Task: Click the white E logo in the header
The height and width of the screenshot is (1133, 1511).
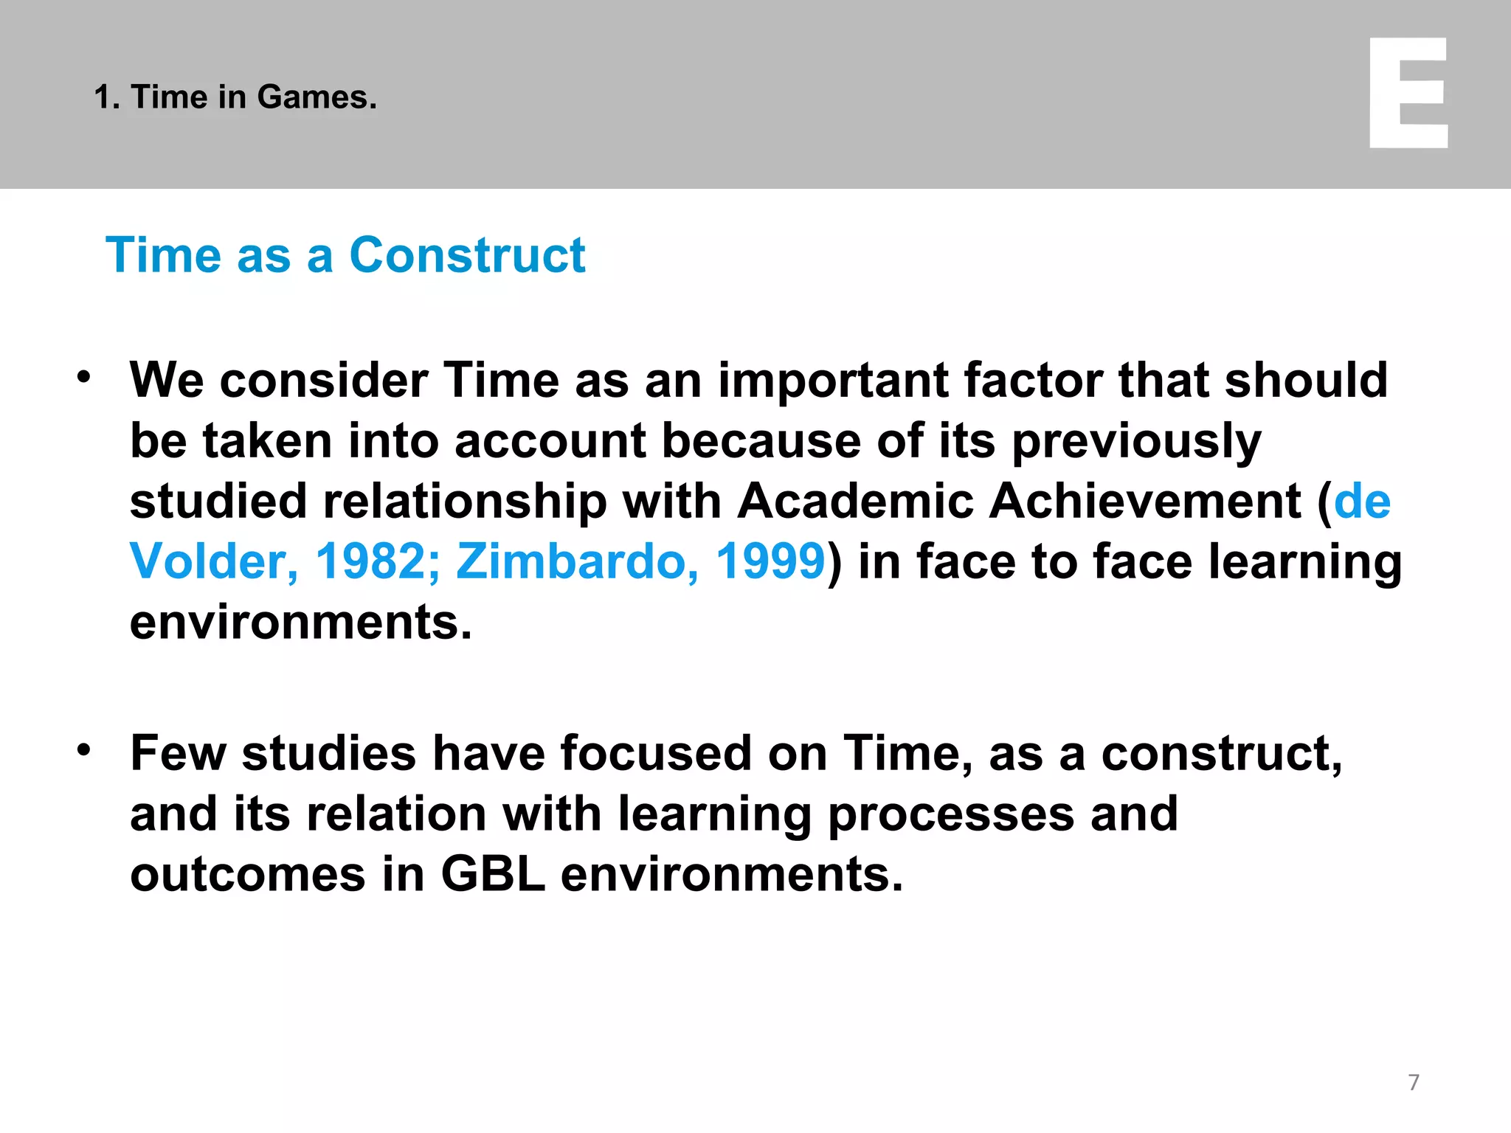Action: (1408, 93)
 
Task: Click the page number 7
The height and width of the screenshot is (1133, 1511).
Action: (1414, 1082)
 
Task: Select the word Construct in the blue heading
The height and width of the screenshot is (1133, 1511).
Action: (467, 255)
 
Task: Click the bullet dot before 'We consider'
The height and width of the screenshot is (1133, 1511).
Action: (84, 377)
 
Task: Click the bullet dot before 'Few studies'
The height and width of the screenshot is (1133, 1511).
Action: (84, 750)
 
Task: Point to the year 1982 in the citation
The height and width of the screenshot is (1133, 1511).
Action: (371, 561)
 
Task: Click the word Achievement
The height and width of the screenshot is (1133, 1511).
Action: (1145, 501)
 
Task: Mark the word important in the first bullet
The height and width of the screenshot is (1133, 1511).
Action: (833, 381)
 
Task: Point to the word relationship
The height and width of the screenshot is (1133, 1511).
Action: (465, 502)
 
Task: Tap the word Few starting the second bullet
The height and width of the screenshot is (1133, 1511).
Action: (178, 754)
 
